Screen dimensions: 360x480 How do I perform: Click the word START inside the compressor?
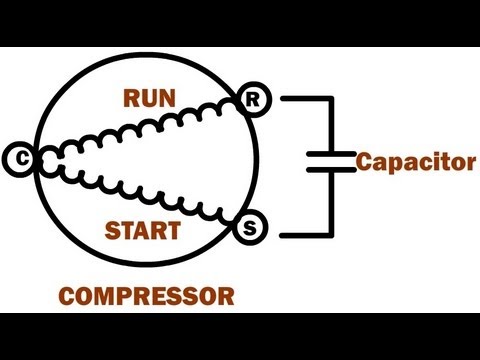click(143, 231)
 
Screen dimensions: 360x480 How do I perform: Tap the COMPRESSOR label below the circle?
click(146, 296)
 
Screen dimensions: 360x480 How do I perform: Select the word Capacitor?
click(416, 161)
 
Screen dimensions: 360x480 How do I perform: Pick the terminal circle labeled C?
click(18, 156)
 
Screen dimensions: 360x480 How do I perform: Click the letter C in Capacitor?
click(366, 161)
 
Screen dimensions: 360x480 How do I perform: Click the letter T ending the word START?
click(174, 231)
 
